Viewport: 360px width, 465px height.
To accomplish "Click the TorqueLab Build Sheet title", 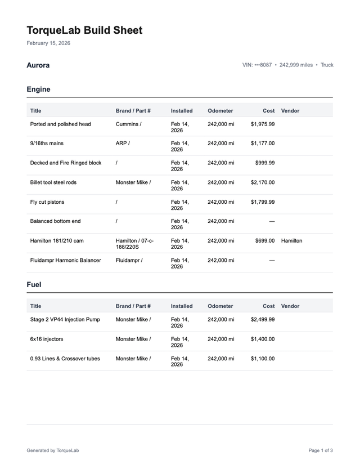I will [x=84, y=30].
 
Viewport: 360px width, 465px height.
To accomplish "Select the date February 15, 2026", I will [x=48, y=43].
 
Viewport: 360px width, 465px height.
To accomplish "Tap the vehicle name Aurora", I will [x=38, y=65].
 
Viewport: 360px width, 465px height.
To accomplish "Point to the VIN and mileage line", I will [x=287, y=65].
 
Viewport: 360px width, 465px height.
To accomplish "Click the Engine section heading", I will [x=38, y=89].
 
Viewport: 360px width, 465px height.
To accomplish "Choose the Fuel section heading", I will [x=34, y=284].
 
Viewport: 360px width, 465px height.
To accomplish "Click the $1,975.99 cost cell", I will [x=263, y=124].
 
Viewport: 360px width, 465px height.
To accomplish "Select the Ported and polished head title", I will [x=60, y=124].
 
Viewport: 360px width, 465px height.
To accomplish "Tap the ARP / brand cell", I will [x=123, y=143].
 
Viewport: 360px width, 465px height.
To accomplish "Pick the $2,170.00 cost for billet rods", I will [x=263, y=182].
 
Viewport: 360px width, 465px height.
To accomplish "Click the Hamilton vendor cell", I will [x=291, y=240].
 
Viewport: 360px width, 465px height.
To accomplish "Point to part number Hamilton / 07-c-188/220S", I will [x=134, y=244].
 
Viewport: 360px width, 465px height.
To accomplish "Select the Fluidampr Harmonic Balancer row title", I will [x=65, y=260].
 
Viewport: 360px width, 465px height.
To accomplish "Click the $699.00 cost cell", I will [x=264, y=240].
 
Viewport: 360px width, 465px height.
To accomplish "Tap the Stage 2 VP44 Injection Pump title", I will [x=65, y=319].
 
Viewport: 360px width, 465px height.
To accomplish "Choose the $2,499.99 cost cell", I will [x=263, y=319].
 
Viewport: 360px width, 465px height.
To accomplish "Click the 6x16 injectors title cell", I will [x=47, y=339].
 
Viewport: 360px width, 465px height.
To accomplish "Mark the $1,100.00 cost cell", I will [x=263, y=358].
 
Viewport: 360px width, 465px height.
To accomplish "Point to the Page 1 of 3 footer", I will [x=321, y=450].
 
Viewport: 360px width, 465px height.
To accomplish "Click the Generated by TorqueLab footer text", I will [x=53, y=450].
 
